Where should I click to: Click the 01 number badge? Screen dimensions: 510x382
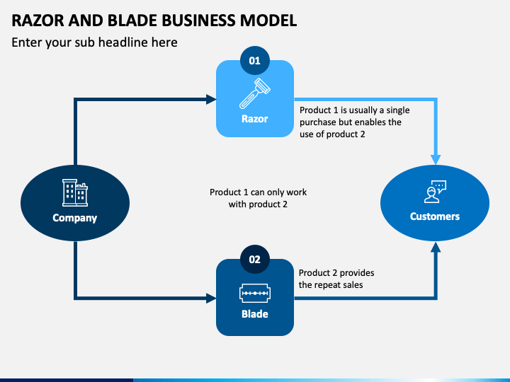point(255,60)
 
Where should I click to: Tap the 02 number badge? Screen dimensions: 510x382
point(255,259)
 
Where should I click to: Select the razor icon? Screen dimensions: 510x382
point(255,93)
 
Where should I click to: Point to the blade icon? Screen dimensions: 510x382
point(255,294)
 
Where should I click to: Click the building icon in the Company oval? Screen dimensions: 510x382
point(75,192)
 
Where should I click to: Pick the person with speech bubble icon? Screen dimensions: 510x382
point(435,192)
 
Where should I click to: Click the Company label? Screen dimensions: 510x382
point(75,218)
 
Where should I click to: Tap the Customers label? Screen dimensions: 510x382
point(435,216)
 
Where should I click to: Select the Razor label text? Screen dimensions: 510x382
point(255,119)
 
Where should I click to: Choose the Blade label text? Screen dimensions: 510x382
point(255,314)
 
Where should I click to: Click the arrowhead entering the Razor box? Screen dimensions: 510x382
point(211,100)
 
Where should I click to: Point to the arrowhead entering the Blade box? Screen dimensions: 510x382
point(211,298)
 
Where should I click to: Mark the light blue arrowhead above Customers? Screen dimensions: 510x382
point(436,160)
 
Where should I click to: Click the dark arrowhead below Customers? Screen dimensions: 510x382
point(436,247)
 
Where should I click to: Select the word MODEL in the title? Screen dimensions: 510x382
point(268,21)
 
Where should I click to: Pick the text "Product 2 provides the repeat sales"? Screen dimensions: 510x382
point(336,279)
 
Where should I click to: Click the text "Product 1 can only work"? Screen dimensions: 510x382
point(258,192)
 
